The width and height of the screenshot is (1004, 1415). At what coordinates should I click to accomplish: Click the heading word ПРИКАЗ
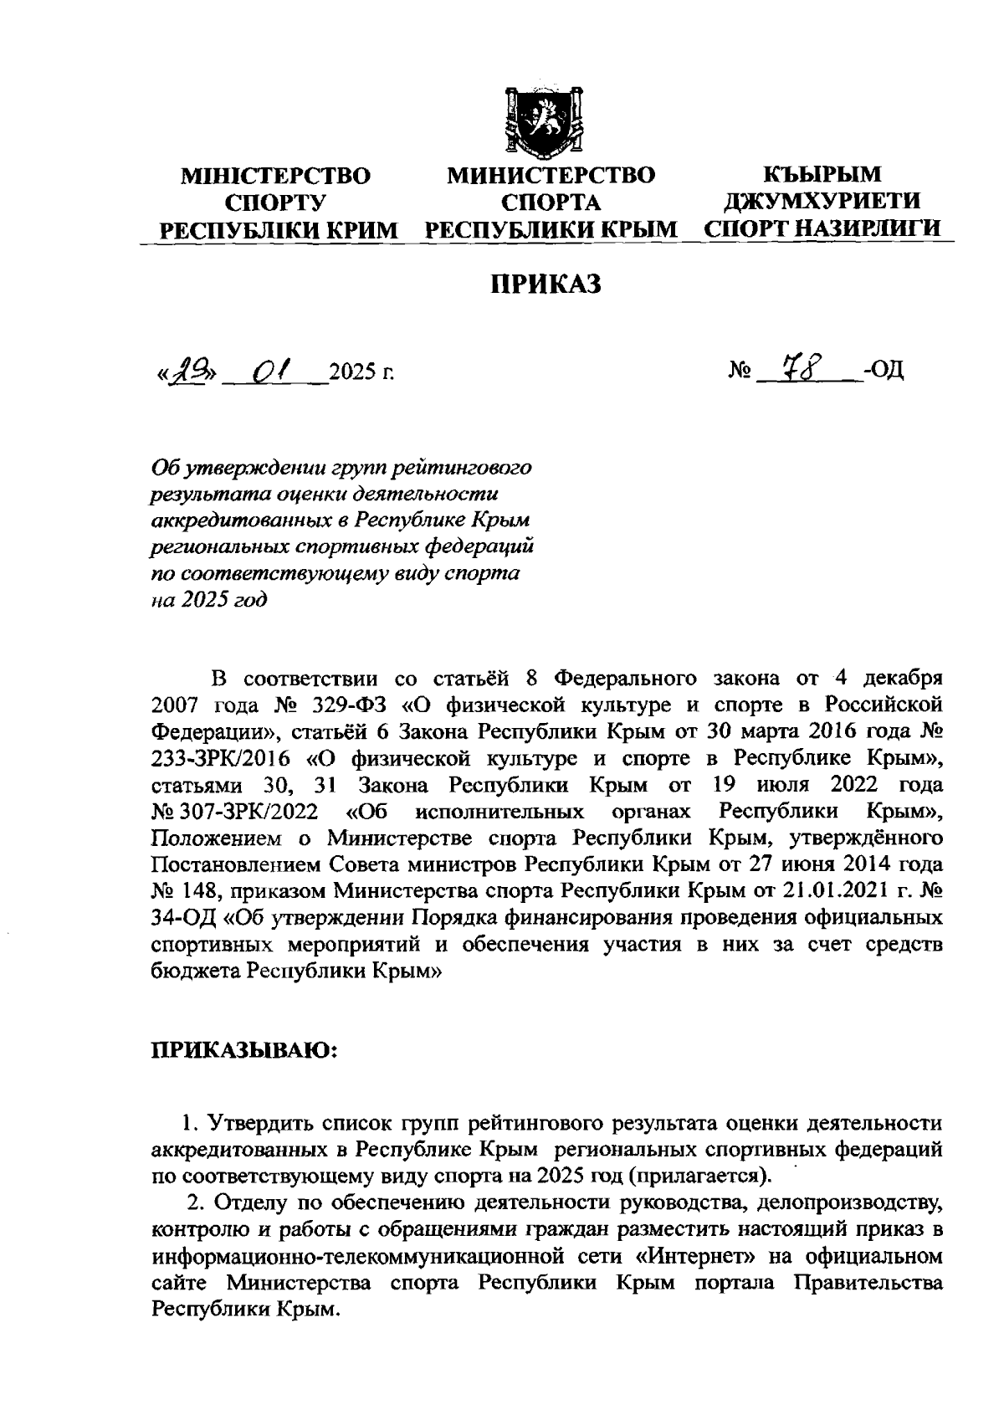tap(546, 285)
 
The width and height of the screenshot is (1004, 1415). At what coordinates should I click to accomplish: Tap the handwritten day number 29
tap(185, 369)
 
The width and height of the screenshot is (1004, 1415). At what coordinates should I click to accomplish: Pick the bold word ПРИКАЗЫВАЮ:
tap(243, 1049)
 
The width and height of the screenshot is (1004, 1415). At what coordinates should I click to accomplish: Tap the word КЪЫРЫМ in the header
tap(822, 175)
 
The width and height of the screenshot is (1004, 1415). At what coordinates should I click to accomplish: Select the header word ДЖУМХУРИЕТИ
tap(822, 202)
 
